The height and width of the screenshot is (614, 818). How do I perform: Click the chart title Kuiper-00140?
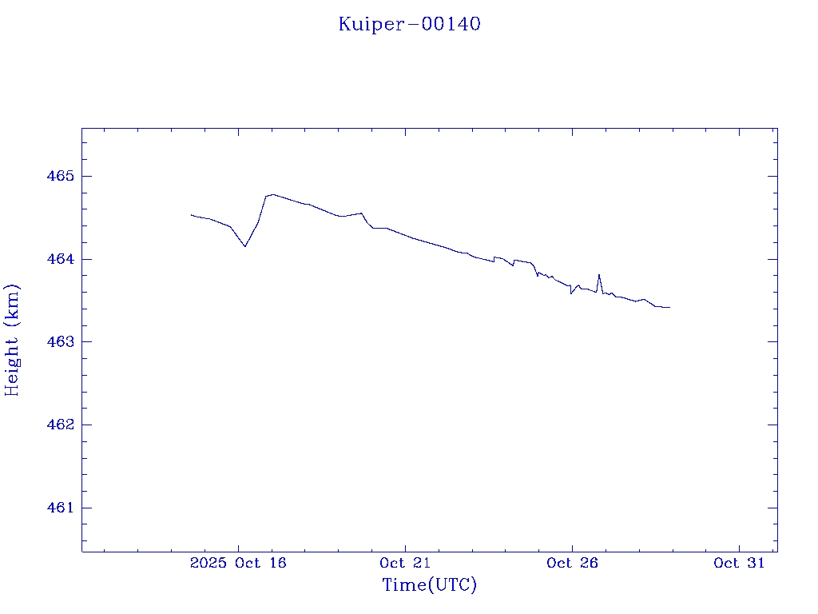409,24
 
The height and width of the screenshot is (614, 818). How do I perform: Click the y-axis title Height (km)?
12,340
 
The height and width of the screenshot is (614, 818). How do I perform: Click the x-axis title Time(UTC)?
430,585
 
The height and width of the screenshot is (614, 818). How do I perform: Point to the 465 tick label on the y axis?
59,176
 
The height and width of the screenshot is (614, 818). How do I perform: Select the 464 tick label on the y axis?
59,259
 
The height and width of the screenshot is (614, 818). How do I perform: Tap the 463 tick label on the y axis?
59,341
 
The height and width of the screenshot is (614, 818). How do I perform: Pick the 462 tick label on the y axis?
59,425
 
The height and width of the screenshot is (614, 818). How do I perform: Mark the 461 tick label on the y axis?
59,508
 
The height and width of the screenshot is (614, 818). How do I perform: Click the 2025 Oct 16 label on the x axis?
238,563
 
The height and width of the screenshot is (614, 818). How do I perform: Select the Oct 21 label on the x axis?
405,563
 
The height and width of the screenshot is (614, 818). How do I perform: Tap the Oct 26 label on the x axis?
572,563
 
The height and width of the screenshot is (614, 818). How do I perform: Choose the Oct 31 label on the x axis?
739,563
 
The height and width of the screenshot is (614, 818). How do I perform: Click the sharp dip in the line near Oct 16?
245,246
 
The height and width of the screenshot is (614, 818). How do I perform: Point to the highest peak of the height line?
272,194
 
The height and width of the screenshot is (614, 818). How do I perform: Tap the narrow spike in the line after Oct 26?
598,275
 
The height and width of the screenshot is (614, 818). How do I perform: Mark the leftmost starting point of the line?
192,214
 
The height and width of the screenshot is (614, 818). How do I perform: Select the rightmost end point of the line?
669,307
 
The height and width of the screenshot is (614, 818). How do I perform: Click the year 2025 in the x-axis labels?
208,563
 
